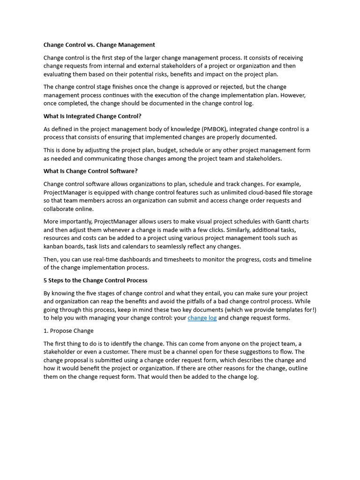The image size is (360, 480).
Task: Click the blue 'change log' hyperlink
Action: pos(202,318)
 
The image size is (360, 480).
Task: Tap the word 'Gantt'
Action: pos(277,221)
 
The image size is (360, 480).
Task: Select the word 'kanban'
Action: pos(53,246)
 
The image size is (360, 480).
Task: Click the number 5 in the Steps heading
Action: pos(45,280)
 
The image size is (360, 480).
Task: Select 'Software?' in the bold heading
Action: pos(123,171)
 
